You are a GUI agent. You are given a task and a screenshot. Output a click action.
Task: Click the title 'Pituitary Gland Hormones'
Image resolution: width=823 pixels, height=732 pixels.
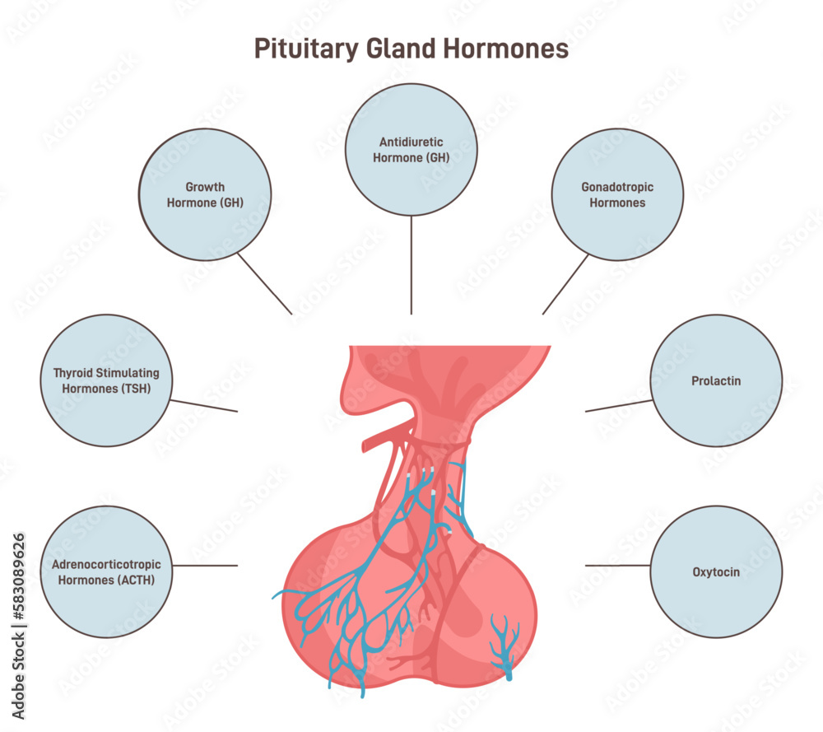coord(411,49)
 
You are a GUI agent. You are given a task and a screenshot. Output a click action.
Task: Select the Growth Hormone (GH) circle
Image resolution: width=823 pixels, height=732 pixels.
coord(205,195)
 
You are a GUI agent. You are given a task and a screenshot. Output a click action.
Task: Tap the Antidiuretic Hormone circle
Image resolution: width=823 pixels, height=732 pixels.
coord(411,149)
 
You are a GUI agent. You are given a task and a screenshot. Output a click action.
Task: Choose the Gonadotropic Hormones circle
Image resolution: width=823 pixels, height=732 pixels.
coord(617,195)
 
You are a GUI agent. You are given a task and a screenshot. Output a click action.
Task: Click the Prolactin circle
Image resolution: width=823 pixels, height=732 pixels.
coord(716,380)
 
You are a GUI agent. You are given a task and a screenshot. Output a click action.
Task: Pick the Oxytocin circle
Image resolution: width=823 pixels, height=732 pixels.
coord(716,571)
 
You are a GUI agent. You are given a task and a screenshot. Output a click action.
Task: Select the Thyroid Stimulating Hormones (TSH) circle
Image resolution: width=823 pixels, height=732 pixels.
coord(106,380)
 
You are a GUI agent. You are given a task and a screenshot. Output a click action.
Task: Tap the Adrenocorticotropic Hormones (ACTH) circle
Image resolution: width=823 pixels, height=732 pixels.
coord(106,571)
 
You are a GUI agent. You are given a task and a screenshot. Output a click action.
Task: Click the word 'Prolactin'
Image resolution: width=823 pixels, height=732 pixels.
coord(716,381)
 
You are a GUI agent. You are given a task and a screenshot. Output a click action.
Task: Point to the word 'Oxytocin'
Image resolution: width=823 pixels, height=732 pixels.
coord(716,571)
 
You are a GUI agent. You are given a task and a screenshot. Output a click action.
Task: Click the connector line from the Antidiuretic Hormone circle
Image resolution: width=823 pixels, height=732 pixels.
coord(411,263)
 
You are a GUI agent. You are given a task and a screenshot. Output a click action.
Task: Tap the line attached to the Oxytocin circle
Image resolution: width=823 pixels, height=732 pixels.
coord(617,566)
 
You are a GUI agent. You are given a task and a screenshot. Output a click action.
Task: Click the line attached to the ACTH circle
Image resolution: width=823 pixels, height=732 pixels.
coord(205,566)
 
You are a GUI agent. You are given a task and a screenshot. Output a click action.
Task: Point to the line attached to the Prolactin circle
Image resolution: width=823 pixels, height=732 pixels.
coord(618,405)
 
